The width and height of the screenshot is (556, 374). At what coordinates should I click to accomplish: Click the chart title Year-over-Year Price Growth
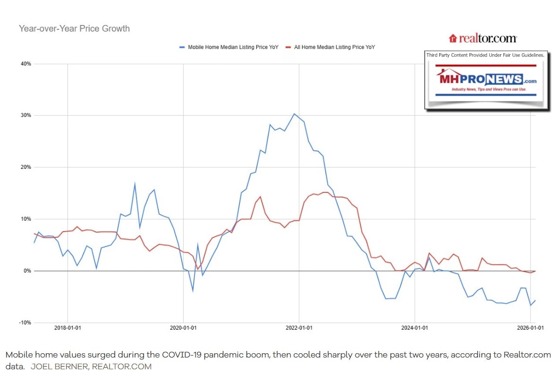click(74, 29)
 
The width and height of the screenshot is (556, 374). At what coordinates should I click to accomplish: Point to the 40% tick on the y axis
click(26, 64)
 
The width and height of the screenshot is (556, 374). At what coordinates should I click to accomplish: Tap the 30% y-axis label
click(26, 116)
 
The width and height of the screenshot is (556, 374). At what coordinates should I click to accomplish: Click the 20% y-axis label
click(26, 167)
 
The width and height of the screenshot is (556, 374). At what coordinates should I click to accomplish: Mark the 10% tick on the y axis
click(26, 219)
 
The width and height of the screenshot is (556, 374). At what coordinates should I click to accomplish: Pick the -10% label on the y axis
click(25, 323)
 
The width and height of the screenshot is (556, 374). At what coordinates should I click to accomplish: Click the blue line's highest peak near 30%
click(294, 114)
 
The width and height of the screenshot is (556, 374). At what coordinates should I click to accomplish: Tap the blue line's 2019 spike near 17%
click(135, 183)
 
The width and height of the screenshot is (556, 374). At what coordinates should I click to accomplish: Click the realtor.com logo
click(482, 38)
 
